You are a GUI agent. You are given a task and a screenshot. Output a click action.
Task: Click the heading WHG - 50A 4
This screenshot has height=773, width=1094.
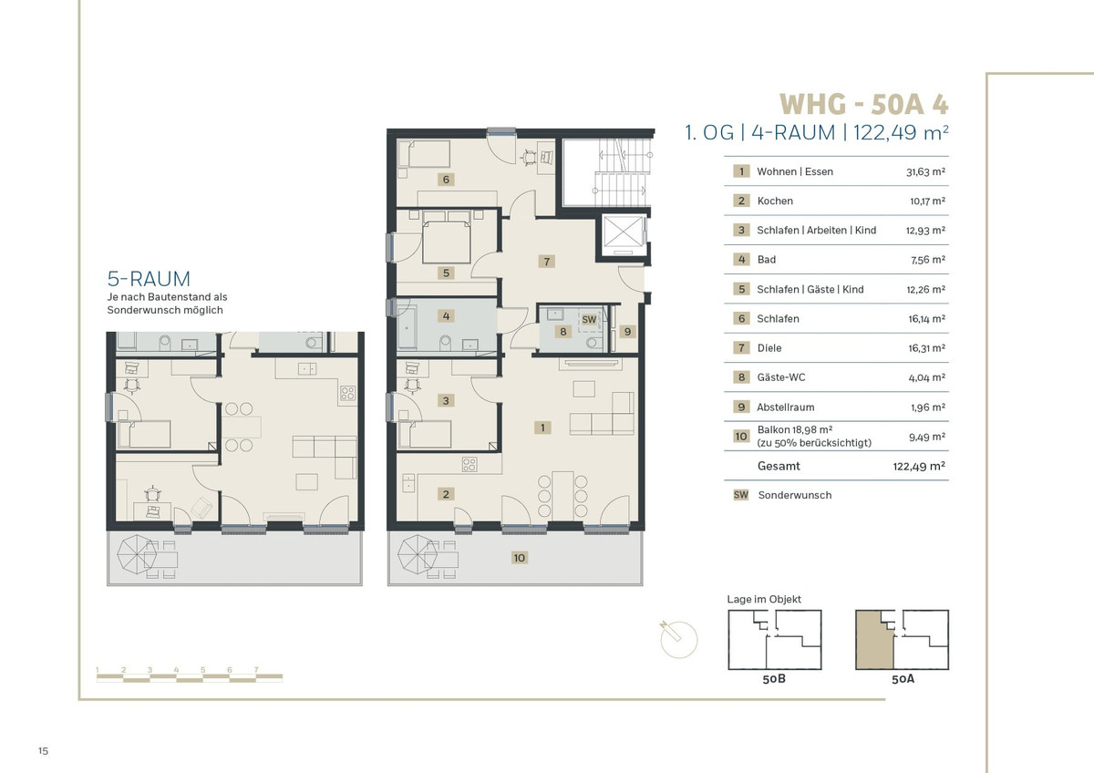coord(863,104)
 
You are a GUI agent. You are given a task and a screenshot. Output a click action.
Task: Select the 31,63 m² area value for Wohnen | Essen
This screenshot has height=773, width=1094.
coord(925,171)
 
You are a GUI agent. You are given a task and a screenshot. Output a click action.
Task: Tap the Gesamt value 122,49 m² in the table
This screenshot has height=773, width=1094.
coord(919,467)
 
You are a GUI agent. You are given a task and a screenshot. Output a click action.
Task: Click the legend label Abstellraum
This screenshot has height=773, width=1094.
coord(785,407)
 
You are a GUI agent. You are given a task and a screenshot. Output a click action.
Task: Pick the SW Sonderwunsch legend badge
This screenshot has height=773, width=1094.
coord(741,495)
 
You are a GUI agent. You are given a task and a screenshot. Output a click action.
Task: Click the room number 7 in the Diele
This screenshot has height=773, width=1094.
coord(546,262)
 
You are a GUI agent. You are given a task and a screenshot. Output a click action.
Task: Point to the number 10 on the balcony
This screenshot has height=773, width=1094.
coord(519,558)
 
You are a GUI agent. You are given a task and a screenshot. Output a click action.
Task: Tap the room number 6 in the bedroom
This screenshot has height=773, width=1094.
coord(446,180)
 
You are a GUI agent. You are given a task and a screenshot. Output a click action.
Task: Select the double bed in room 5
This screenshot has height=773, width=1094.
coord(447,237)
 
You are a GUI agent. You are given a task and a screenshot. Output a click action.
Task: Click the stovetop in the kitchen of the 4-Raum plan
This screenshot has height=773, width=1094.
coord(470,464)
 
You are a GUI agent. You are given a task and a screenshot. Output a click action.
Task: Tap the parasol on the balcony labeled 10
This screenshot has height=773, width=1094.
coord(418,555)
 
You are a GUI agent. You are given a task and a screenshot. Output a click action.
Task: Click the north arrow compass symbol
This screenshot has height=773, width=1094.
coord(678,639)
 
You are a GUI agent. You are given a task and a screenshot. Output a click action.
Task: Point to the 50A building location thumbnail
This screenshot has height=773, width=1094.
coord(902,640)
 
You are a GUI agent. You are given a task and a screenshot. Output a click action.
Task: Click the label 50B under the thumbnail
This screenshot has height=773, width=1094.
coord(774,679)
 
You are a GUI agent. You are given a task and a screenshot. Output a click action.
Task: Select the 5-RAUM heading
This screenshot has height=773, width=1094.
coord(149,279)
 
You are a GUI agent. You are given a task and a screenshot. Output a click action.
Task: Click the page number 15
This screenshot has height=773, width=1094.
coord(44,751)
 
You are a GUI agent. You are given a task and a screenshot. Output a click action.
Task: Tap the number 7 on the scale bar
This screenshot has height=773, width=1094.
coord(256,670)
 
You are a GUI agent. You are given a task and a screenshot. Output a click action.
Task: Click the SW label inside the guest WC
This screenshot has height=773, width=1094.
coord(589,319)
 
